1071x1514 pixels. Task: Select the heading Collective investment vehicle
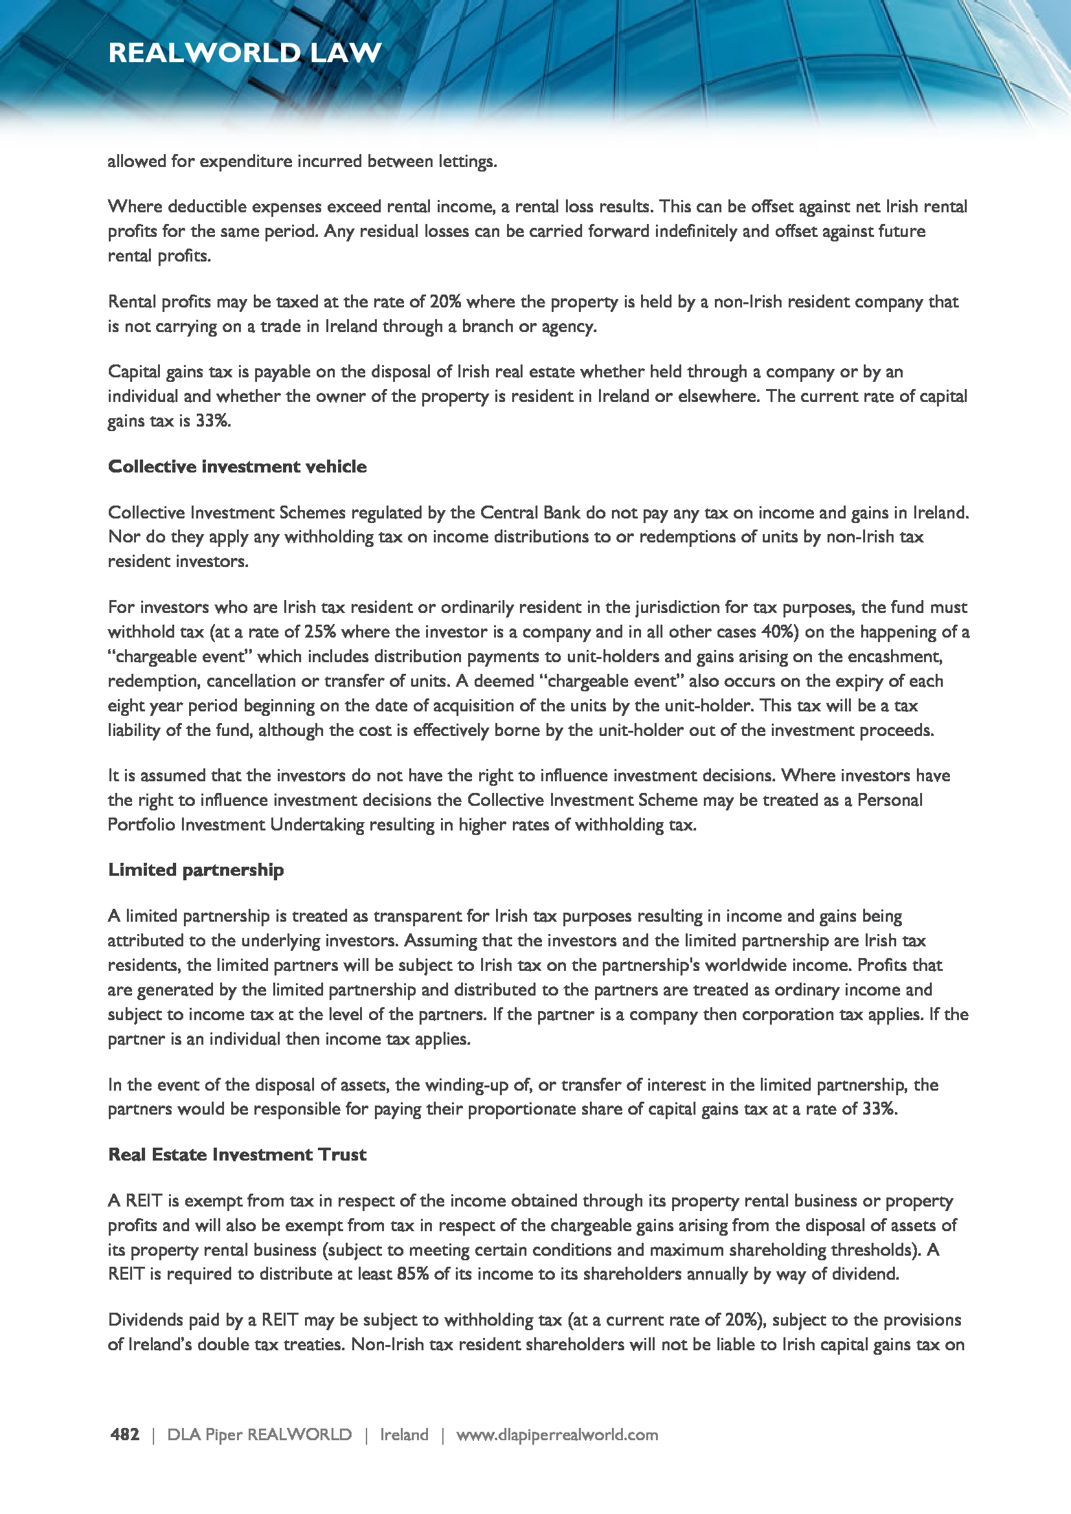(x=238, y=467)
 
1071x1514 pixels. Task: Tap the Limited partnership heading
(x=196, y=870)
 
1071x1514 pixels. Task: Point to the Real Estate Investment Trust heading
(x=238, y=1155)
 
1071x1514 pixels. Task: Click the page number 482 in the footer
(x=124, y=1434)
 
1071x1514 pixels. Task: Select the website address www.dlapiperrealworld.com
(x=558, y=1435)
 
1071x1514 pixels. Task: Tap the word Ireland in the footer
(x=404, y=1435)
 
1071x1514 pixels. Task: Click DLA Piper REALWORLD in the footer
(x=259, y=1435)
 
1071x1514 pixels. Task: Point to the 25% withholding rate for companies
(x=320, y=632)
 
